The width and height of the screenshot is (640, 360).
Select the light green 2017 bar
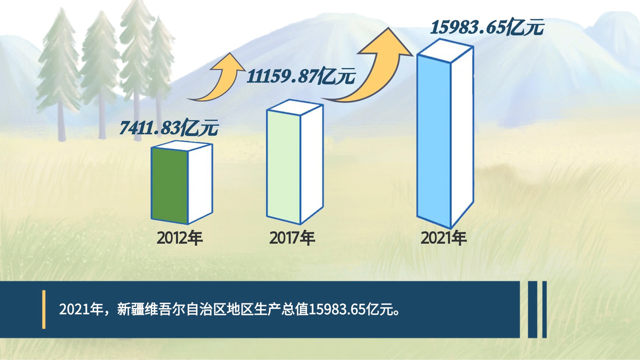(283, 166)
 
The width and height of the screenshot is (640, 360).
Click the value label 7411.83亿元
(169, 127)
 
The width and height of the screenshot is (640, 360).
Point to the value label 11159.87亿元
(301, 76)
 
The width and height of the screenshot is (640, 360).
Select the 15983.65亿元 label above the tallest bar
(487, 28)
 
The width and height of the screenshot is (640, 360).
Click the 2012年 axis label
(180, 238)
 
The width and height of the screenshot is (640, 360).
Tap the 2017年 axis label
(292, 238)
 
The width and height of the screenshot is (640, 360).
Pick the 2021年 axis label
(443, 238)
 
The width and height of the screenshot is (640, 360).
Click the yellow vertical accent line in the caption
(44, 309)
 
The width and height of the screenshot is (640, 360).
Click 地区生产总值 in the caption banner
(267, 309)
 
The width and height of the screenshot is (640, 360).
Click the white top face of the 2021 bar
(445, 51)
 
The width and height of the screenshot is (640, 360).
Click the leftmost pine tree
(59, 74)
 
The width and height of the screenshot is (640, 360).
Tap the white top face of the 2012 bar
(182, 146)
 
